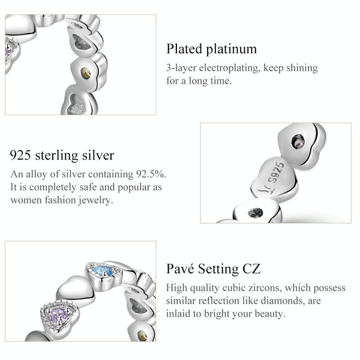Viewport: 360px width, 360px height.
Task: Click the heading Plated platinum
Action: (x=211, y=49)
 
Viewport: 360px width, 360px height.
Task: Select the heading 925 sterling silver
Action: (x=62, y=155)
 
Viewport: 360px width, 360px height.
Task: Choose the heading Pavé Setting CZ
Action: (x=213, y=269)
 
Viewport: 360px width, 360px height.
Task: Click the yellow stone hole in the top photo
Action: (x=86, y=73)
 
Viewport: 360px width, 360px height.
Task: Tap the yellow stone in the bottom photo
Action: (x=142, y=335)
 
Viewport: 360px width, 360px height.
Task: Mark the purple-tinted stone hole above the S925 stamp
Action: (x=298, y=141)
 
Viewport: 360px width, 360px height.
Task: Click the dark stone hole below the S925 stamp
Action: (x=256, y=212)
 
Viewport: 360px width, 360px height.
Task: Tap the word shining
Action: (x=302, y=68)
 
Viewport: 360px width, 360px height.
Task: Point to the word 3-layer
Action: (x=181, y=68)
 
